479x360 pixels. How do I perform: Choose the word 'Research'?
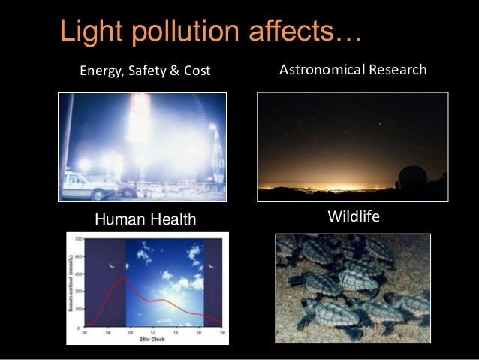point(399,70)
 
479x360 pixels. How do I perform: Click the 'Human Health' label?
point(144,219)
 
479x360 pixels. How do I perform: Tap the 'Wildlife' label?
point(354,217)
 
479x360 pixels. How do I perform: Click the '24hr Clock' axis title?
point(154,339)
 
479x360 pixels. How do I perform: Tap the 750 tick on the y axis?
point(79,237)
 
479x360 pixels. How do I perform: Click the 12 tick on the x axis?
point(155,332)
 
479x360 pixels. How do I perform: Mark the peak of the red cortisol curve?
point(118,280)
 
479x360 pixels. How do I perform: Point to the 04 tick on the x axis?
point(109,332)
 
